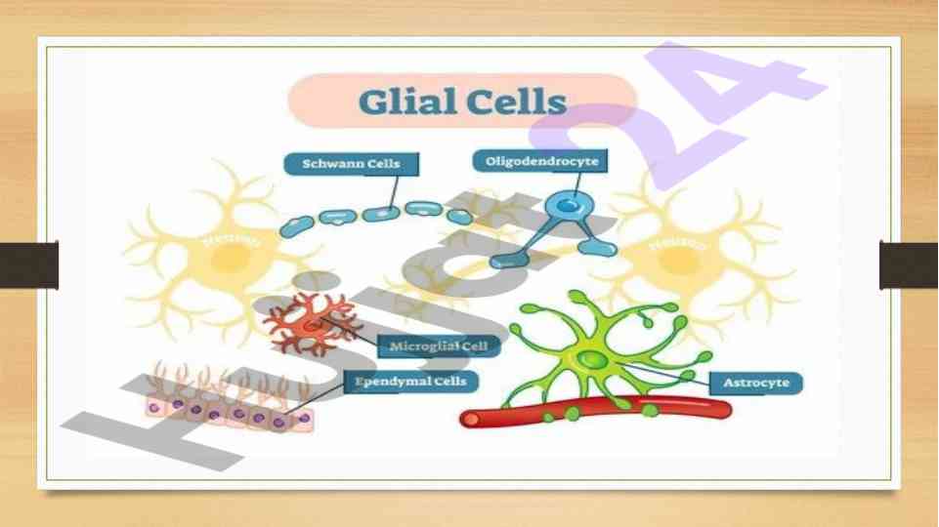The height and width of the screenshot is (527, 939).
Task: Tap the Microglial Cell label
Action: [439, 345]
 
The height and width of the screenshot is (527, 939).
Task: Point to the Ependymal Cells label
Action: [409, 381]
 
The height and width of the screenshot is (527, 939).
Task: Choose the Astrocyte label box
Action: [755, 383]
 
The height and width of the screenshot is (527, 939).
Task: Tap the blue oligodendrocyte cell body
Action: [563, 205]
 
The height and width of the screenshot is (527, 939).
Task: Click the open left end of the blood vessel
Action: [470, 420]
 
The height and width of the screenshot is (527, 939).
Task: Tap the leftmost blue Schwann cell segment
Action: [293, 228]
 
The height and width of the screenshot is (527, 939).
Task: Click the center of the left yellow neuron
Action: [231, 256]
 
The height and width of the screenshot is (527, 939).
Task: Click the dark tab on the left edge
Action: [28, 264]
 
